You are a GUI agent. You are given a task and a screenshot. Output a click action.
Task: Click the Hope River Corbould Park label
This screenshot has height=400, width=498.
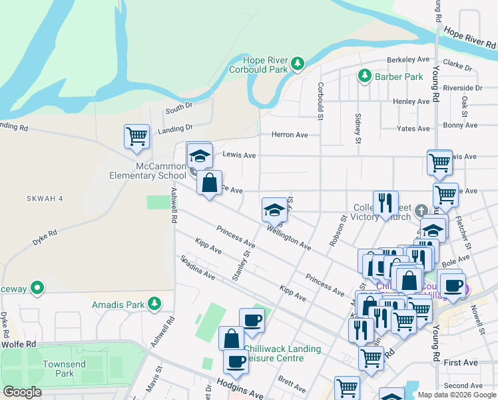click(x=259, y=64)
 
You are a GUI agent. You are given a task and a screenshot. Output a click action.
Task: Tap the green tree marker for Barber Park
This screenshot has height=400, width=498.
click(x=364, y=76)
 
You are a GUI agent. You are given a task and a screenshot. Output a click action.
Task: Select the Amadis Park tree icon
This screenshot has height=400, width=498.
click(x=154, y=304)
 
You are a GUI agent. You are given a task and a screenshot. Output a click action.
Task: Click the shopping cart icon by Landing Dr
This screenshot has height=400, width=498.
click(x=136, y=136)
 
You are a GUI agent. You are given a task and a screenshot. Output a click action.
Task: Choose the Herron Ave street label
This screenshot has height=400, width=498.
click(x=290, y=135)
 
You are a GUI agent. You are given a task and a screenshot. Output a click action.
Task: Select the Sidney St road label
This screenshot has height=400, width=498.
click(x=358, y=129)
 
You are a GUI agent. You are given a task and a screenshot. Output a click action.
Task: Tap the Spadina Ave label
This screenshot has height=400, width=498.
click(x=196, y=267)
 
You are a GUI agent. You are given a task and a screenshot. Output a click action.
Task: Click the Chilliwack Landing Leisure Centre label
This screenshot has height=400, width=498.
click(x=282, y=353)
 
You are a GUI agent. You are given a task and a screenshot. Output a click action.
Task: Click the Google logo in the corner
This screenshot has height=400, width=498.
click(x=22, y=392)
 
